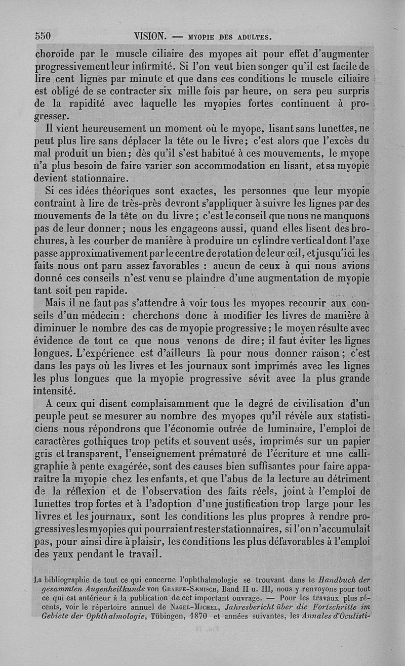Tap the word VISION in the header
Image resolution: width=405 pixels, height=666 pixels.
tap(150, 36)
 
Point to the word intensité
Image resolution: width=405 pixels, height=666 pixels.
tap(55, 390)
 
